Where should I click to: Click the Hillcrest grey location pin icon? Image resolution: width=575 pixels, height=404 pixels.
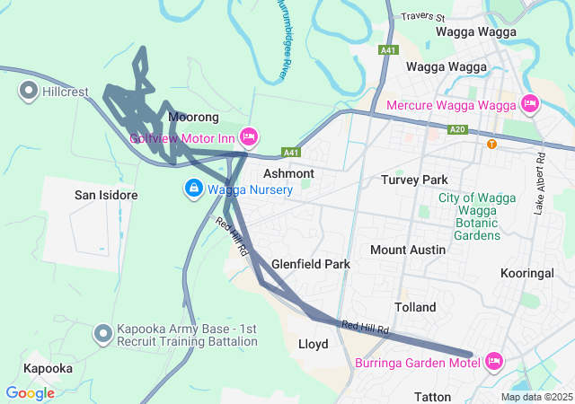click(28, 90)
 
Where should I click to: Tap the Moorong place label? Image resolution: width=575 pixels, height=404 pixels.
click(193, 118)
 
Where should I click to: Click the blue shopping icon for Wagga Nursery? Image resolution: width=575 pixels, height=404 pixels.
click(192, 189)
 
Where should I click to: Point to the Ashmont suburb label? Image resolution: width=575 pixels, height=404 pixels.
click(288, 173)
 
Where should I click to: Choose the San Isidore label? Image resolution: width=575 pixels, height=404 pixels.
click(105, 195)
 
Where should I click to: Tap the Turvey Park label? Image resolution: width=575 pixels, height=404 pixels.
click(414, 180)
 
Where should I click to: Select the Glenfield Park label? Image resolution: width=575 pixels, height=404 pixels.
click(311, 265)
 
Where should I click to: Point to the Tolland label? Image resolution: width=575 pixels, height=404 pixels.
click(414, 307)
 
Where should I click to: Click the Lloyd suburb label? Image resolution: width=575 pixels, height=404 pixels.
click(313, 344)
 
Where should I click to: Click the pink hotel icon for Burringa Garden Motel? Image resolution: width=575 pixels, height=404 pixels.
click(493, 362)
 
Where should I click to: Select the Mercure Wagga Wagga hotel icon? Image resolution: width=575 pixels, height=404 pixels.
click(529, 105)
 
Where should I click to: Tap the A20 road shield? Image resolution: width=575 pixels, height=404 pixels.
click(459, 129)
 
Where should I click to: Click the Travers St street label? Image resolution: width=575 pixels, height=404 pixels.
click(424, 17)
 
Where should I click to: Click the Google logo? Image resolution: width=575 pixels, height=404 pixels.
click(30, 392)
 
